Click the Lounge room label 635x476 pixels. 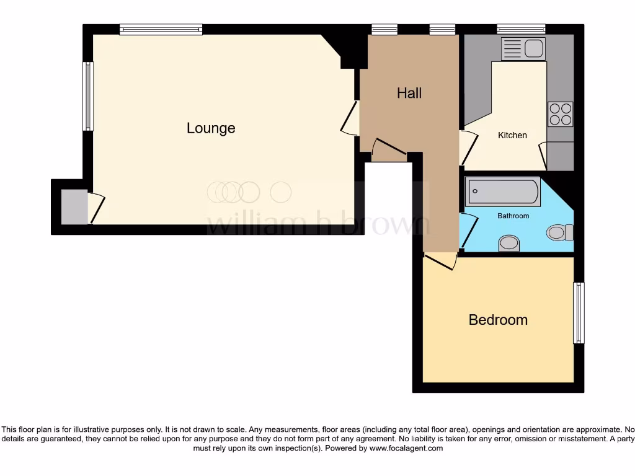click(x=211, y=128)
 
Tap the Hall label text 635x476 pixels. click(x=409, y=93)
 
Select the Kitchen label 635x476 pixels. click(x=512, y=135)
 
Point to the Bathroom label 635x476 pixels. click(x=513, y=216)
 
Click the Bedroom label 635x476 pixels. click(x=498, y=320)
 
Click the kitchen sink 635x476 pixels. click(x=523, y=48)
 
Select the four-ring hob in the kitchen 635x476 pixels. click(x=561, y=114)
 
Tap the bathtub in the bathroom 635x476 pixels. click(x=503, y=192)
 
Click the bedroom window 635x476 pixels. click(x=578, y=313)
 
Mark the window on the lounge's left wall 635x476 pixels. click(x=88, y=96)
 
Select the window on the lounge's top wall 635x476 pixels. click(x=161, y=29)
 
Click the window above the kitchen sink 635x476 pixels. click(x=521, y=29)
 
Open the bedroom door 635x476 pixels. click(x=440, y=261)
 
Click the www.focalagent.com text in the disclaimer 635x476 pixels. click(x=406, y=448)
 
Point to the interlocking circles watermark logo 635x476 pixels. click(x=249, y=192)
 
